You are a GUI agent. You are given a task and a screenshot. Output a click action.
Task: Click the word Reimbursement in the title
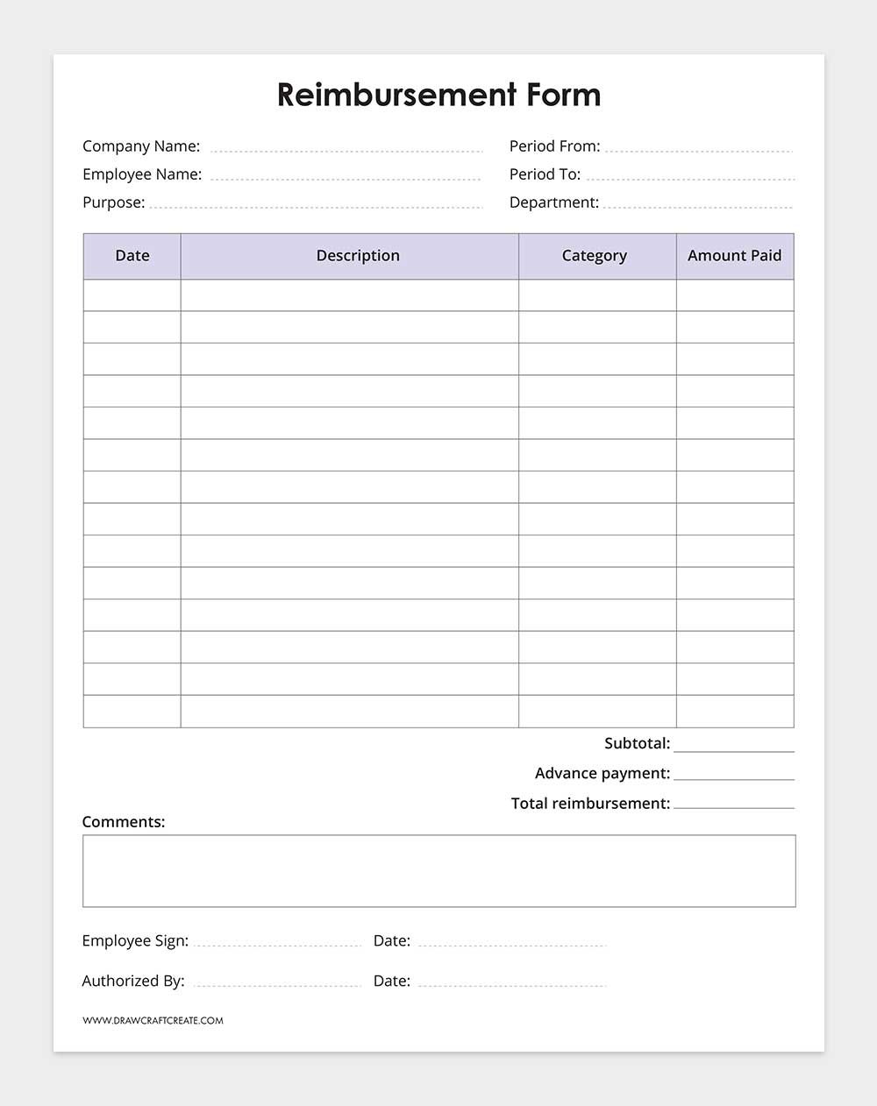click(396, 95)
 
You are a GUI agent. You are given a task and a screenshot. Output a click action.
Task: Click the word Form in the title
click(564, 95)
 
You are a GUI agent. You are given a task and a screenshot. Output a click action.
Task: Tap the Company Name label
click(141, 146)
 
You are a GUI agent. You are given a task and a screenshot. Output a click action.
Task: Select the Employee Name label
click(142, 174)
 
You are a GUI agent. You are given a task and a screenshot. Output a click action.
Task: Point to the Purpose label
click(113, 202)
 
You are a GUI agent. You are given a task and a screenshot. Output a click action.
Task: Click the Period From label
click(554, 146)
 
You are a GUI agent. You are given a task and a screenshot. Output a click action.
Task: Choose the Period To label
click(545, 174)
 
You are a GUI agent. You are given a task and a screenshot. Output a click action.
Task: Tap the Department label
click(553, 202)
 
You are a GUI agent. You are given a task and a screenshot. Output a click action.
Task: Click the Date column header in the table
click(132, 256)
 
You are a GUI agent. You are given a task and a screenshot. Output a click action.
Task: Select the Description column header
click(358, 256)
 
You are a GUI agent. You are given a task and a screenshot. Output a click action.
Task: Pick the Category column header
click(595, 256)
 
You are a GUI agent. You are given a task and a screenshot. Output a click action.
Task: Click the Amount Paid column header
click(734, 256)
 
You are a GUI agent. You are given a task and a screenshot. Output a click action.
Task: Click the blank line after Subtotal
click(734, 747)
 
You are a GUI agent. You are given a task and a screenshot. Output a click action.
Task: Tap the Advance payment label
click(602, 773)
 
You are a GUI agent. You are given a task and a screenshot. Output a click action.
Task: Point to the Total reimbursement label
click(590, 803)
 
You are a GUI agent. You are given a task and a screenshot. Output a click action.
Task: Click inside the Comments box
click(438, 870)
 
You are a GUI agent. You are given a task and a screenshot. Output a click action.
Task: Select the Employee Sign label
click(135, 940)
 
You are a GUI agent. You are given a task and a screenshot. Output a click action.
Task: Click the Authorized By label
click(133, 981)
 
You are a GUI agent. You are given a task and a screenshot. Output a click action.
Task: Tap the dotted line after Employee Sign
click(277, 943)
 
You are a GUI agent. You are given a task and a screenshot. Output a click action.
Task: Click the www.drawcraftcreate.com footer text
click(153, 1020)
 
